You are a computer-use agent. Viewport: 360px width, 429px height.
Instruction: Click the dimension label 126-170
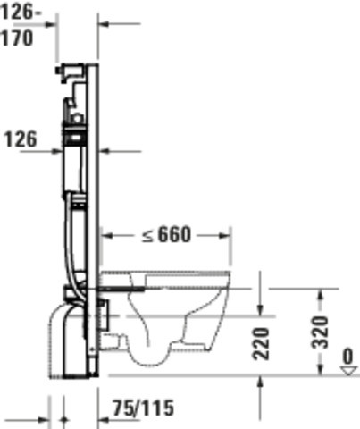click(x=21, y=26)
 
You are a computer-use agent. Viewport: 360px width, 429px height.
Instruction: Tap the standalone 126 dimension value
click(x=21, y=139)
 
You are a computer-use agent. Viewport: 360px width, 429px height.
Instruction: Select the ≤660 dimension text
click(x=166, y=235)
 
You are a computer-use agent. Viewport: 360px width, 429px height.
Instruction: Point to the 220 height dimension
click(x=261, y=343)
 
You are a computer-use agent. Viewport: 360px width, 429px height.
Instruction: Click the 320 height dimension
click(x=320, y=332)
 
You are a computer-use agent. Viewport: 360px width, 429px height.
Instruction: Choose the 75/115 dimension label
click(x=143, y=408)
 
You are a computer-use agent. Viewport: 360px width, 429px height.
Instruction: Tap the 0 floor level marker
click(x=347, y=356)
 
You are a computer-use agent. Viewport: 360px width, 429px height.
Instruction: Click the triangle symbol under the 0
click(x=349, y=371)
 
